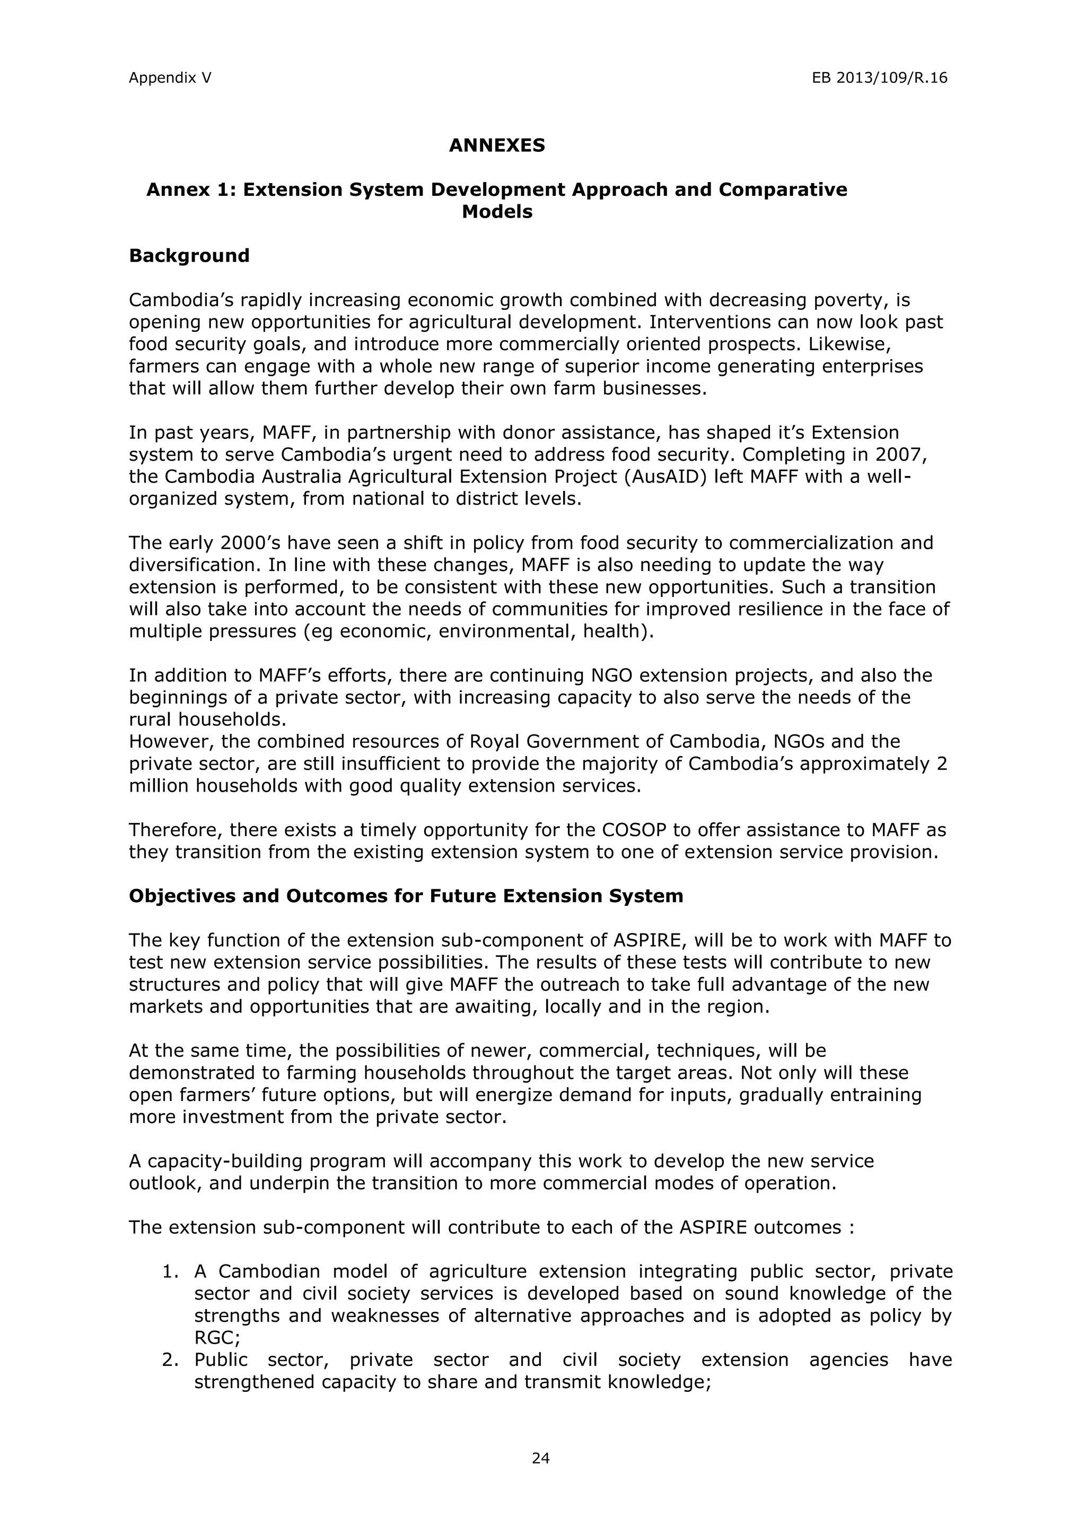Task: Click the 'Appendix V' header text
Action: [x=170, y=79]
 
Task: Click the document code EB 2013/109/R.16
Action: [x=879, y=79]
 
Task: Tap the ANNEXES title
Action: [x=497, y=146]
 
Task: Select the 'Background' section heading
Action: [x=189, y=256]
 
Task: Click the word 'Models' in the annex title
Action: [x=497, y=212]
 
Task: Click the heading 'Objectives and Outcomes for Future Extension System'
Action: [x=406, y=896]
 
